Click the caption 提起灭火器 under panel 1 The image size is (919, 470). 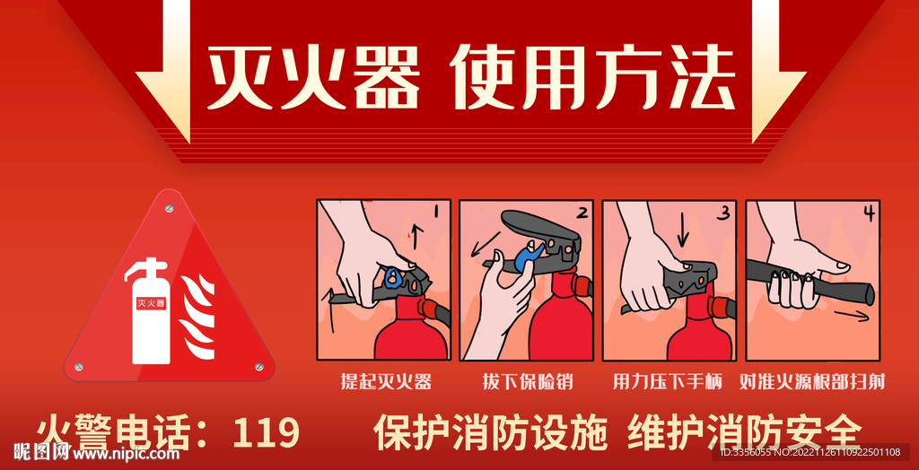(386, 382)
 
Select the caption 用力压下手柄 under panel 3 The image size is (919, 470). (668, 382)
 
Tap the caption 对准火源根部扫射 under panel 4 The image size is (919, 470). (811, 382)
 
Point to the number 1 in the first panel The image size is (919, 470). (434, 213)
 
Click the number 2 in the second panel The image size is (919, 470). (582, 213)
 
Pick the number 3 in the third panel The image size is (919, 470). (722, 213)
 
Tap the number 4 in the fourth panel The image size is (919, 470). (868, 213)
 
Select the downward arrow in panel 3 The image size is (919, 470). (682, 232)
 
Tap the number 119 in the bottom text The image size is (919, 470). (266, 433)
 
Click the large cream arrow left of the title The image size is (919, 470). (167, 72)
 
